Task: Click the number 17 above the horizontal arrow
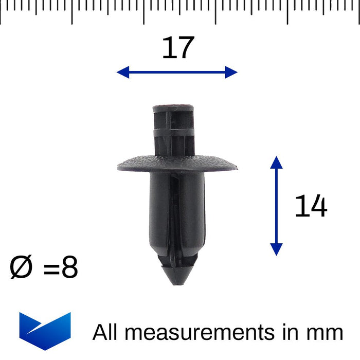pos(178,48)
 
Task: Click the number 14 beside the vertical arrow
pos(311,206)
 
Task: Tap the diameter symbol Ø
pos(22,268)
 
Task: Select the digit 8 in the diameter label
pos(69,268)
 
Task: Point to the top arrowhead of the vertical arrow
pos(276,161)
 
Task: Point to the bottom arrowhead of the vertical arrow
pos(276,250)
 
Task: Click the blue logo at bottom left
pos(45,331)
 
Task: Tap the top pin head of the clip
pos(173,108)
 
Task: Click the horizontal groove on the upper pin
pos(173,132)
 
